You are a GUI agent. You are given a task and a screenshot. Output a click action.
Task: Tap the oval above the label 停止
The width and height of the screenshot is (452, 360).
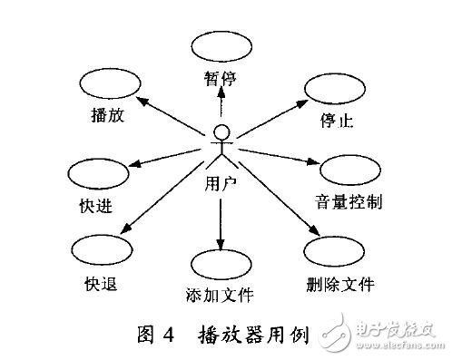(334, 92)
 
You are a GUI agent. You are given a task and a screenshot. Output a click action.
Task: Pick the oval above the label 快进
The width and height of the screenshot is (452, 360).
(97, 174)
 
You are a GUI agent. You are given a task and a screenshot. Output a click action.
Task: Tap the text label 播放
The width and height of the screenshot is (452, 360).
(109, 116)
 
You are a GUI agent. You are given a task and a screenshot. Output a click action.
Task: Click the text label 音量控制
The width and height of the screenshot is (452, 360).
(349, 201)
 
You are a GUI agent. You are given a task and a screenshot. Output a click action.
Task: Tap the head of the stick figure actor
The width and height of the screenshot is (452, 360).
(220, 133)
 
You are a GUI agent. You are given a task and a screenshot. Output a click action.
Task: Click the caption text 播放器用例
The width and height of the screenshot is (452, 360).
(253, 335)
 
